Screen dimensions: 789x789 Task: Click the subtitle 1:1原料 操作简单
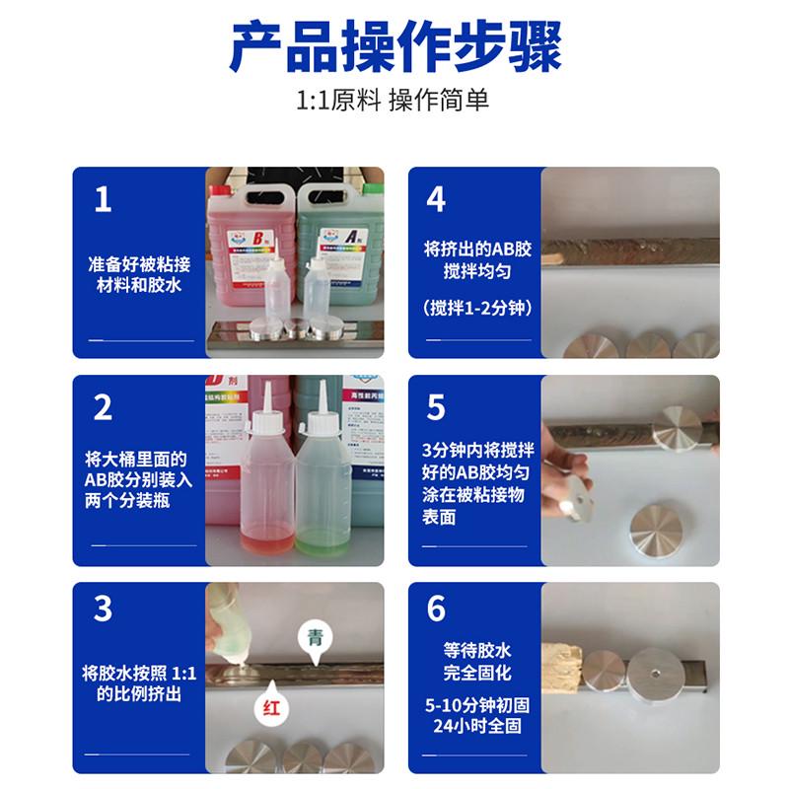(394, 102)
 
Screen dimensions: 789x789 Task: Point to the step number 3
(103, 609)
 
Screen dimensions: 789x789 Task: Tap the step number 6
(436, 609)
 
